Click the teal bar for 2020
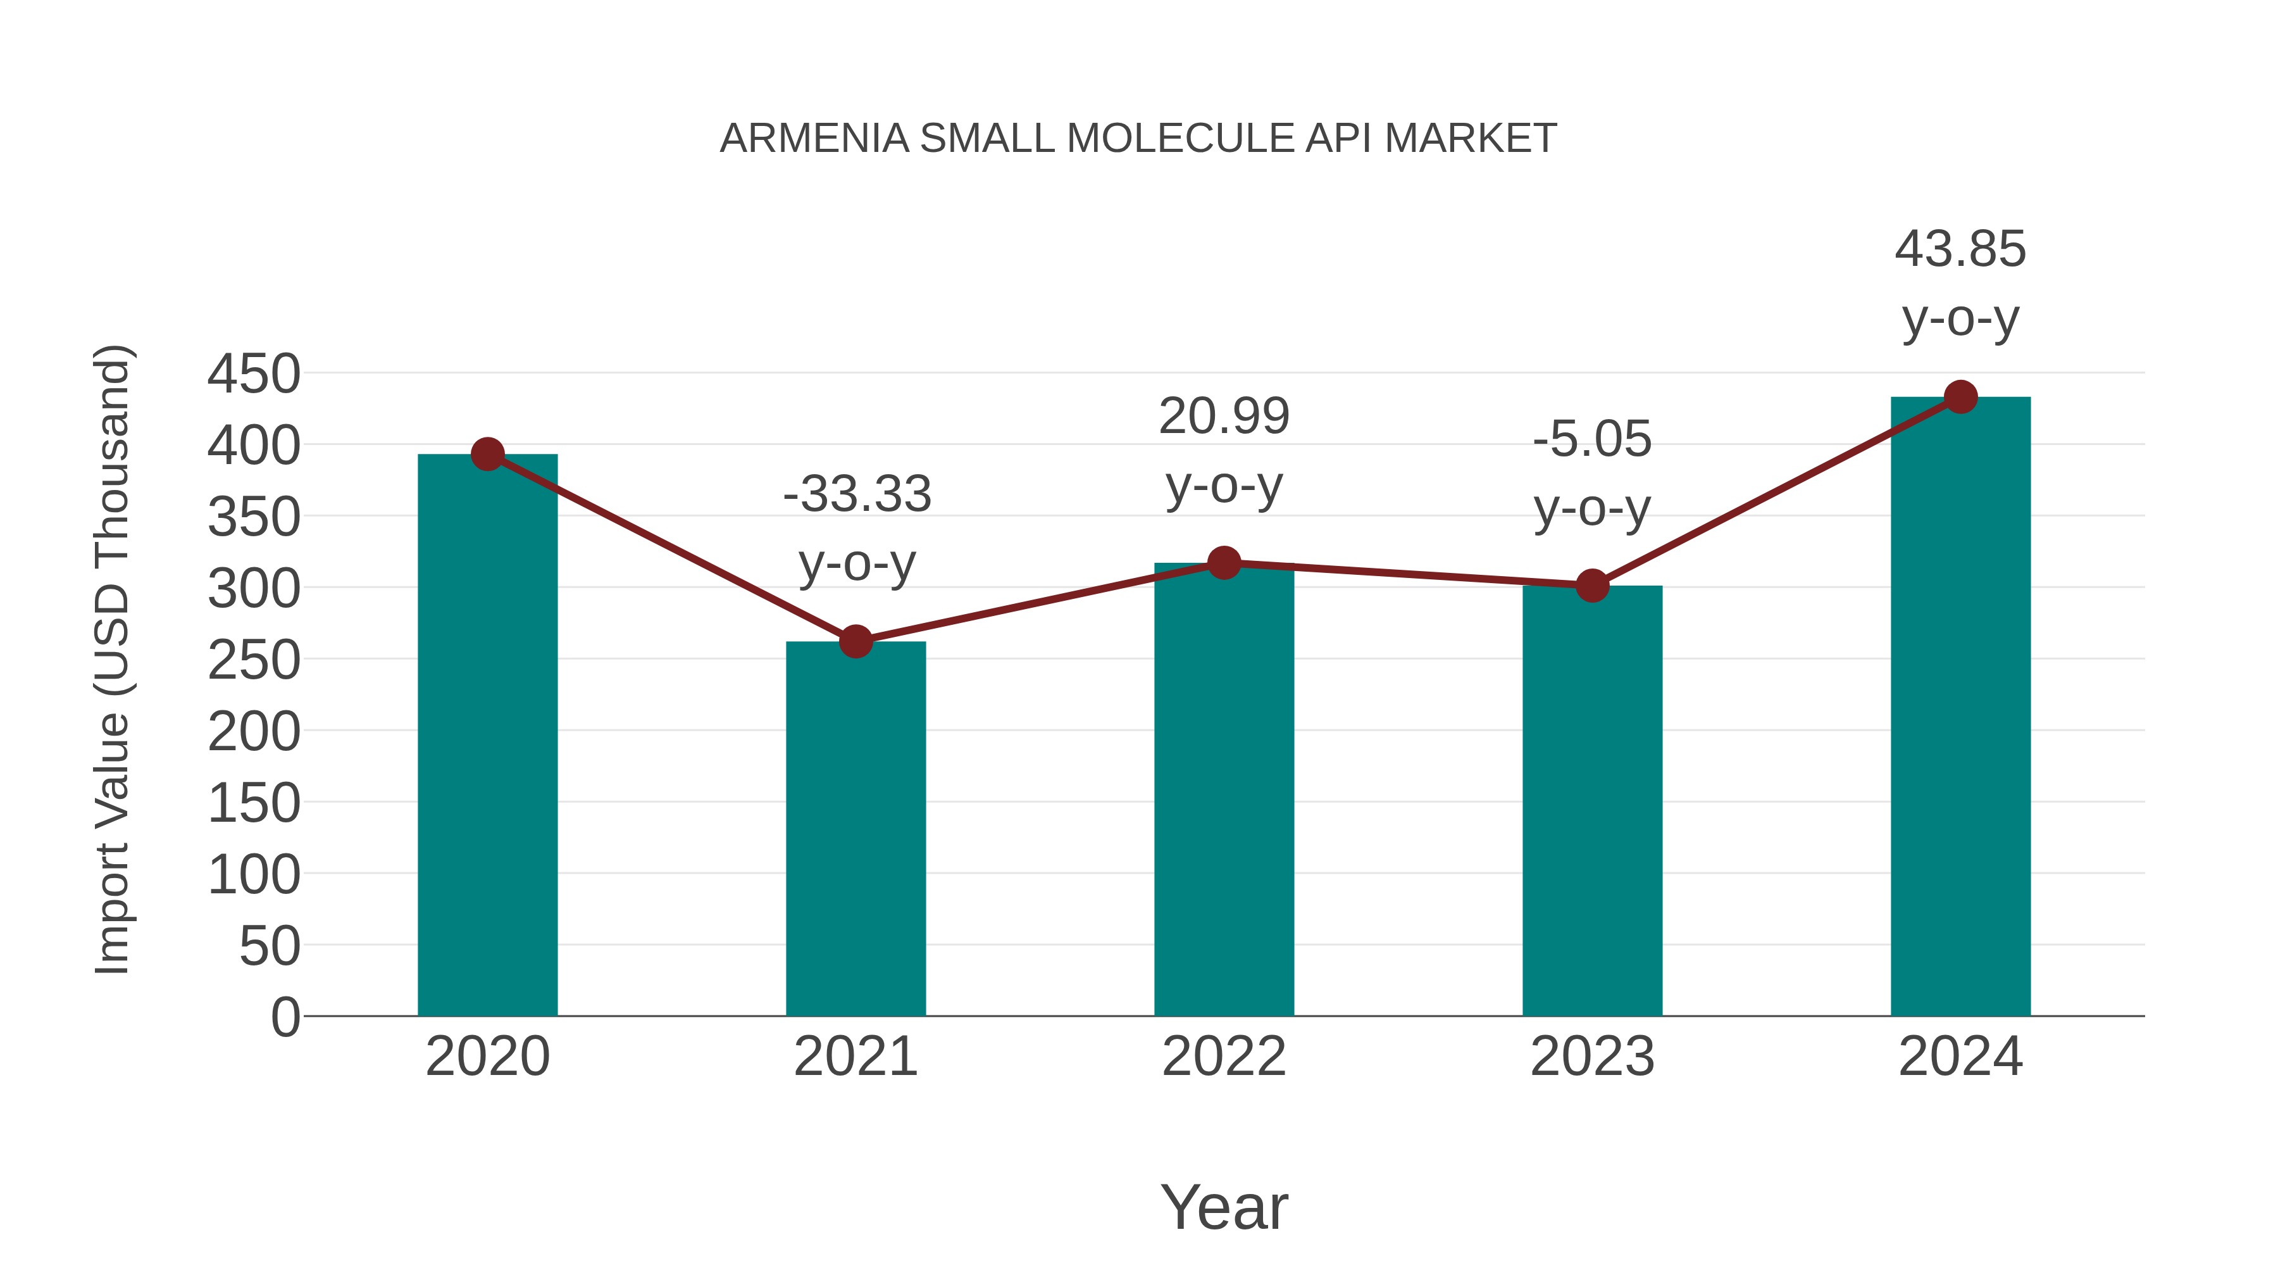click(x=487, y=734)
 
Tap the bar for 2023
click(x=1592, y=801)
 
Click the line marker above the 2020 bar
click(x=487, y=454)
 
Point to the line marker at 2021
click(x=855, y=641)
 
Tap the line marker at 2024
click(x=1960, y=397)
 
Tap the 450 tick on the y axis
click(x=254, y=374)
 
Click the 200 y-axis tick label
click(x=254, y=732)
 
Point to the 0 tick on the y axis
click(x=285, y=1017)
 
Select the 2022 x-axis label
click(x=1224, y=1057)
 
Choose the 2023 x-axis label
click(x=1592, y=1057)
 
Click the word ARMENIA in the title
click(x=814, y=139)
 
